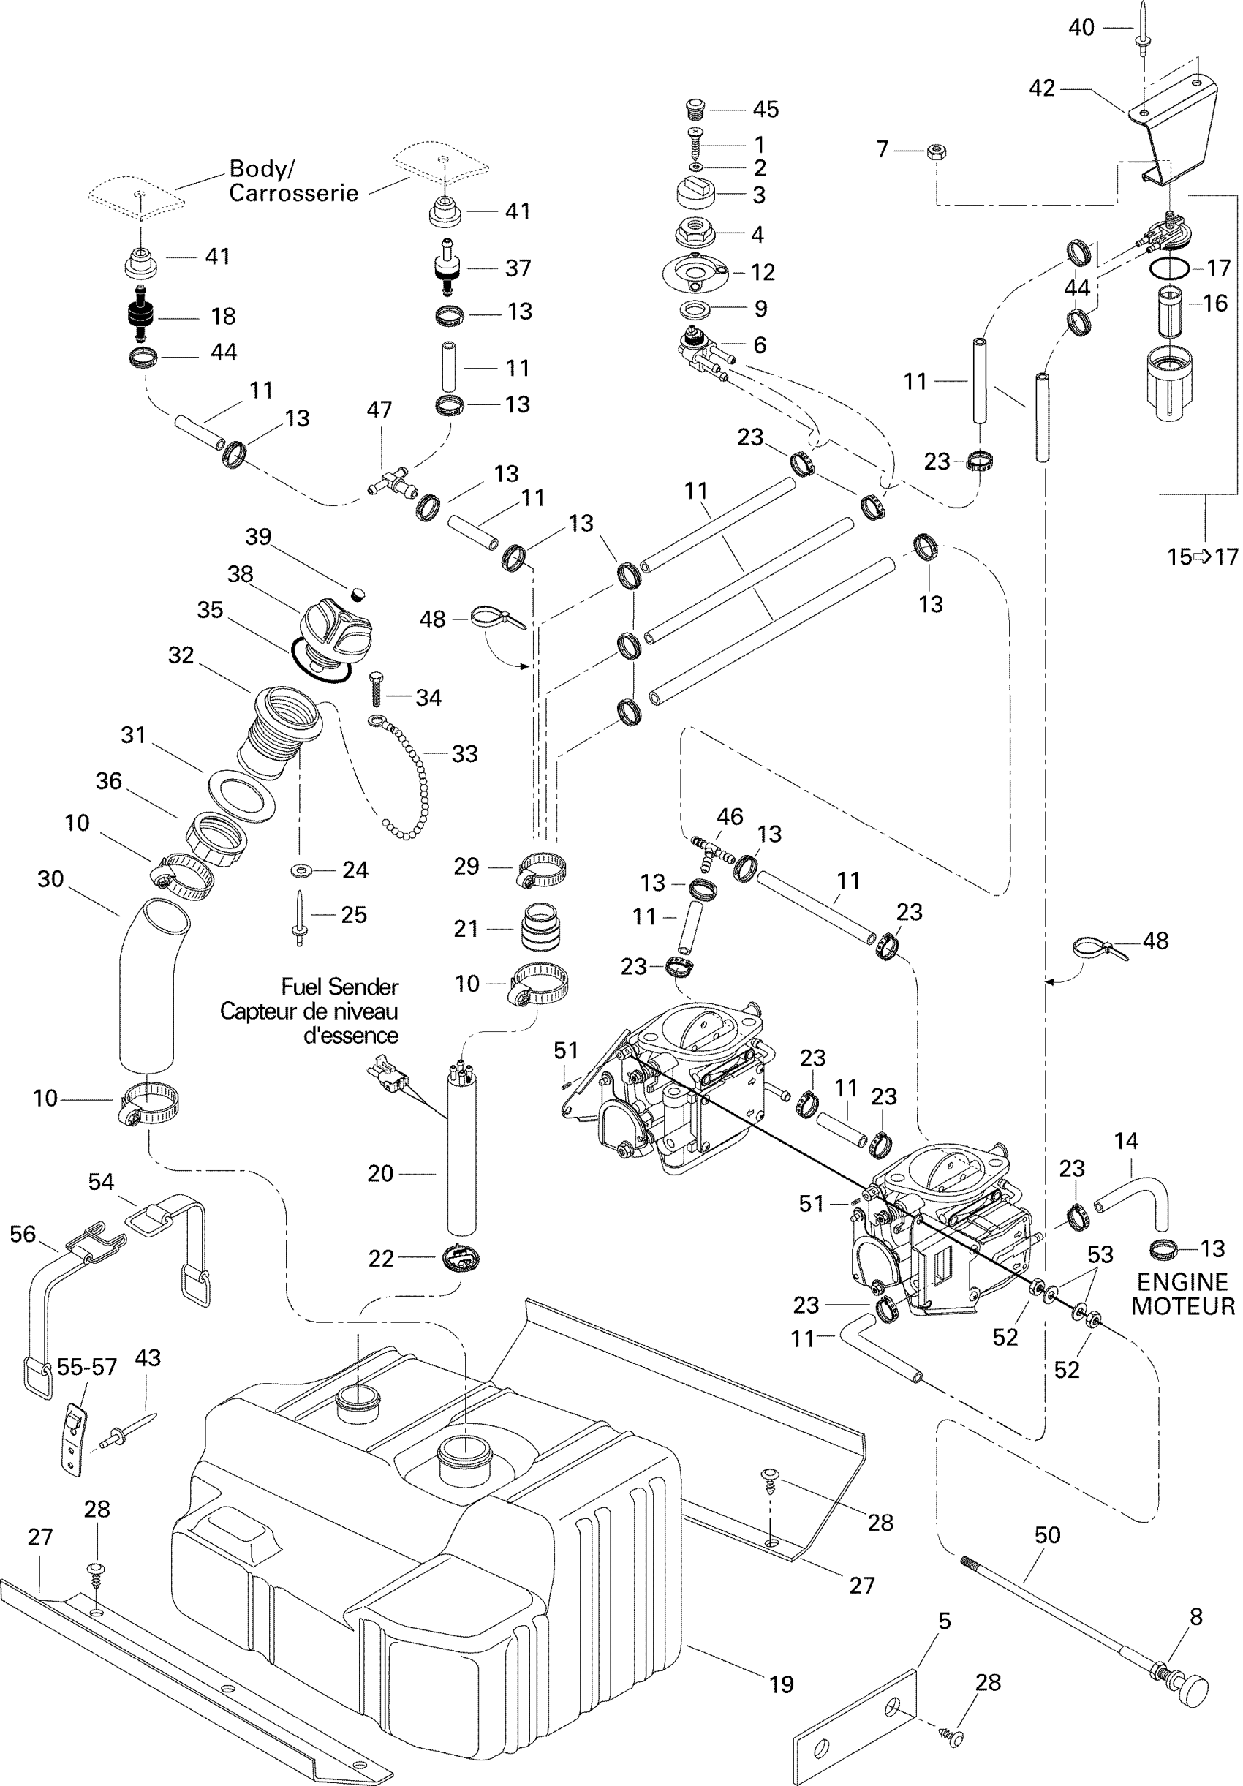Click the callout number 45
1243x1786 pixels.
tap(766, 110)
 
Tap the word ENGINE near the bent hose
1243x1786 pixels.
tap(1182, 1282)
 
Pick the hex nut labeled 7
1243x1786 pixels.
tap(937, 150)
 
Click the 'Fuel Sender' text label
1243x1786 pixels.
tap(339, 987)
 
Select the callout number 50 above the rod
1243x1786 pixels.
tap(1047, 1534)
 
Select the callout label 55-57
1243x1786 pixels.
tap(86, 1367)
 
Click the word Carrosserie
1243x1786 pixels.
tap(293, 193)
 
